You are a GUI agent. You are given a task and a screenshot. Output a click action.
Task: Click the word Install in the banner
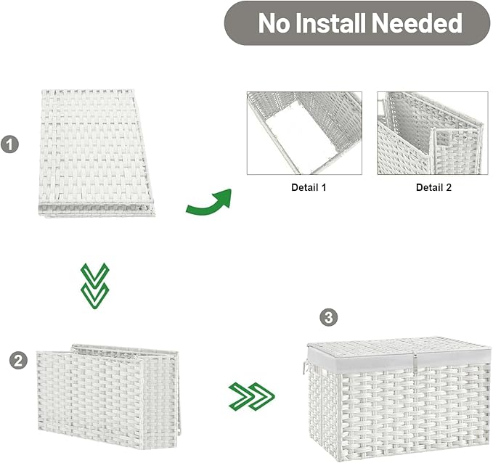coord(326,23)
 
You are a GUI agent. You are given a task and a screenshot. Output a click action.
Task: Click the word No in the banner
coord(273,23)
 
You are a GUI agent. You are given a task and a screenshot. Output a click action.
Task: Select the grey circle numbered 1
coord(9,144)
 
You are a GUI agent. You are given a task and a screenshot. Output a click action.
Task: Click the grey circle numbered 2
coord(18,360)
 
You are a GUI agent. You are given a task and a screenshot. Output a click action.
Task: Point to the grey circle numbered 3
coord(329,317)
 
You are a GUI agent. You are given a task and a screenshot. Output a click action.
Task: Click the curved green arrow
coord(208,202)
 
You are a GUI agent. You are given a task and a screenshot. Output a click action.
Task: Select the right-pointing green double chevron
coord(251,396)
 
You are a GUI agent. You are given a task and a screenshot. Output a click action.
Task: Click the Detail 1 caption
coord(303,187)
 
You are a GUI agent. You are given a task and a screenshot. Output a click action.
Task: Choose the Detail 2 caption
coord(433,187)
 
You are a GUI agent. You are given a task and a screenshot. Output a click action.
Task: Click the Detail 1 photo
coord(303,133)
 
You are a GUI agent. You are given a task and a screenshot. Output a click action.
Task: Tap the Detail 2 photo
coord(432,133)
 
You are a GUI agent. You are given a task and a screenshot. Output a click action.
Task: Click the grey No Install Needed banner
coord(356,23)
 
